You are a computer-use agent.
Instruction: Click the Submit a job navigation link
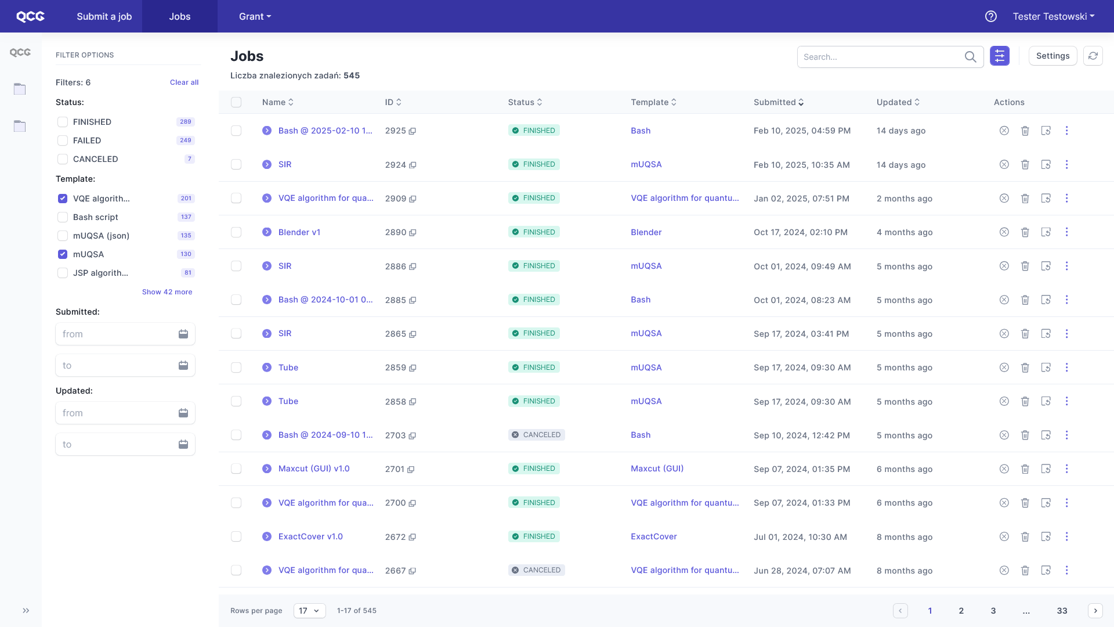104,16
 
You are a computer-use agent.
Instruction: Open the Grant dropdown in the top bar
255,16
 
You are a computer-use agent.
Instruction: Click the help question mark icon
991,16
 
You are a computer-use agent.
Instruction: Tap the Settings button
1052,56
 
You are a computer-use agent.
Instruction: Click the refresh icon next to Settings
1093,56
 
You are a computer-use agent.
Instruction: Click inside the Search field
879,57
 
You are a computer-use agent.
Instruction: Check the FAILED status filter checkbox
63,140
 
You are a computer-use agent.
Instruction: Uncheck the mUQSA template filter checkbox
63,254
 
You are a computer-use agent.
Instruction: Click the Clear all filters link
184,82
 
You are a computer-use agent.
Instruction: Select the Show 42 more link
167,292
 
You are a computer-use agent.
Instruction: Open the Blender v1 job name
299,232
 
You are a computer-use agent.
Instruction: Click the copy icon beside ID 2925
413,131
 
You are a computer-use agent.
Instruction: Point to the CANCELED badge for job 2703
537,435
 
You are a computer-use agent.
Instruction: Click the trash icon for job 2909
1025,199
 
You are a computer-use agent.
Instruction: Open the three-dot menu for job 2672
1066,536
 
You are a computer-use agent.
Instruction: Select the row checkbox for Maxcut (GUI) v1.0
236,469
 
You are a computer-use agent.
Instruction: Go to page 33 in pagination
1062,611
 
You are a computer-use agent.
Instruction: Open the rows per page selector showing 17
310,611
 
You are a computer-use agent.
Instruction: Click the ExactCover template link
654,536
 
